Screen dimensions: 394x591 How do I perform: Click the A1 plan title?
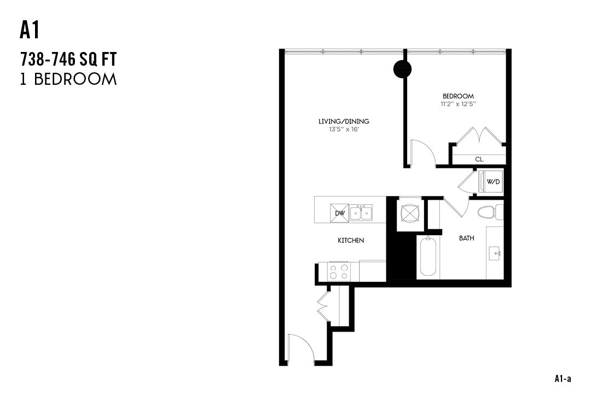tap(30, 31)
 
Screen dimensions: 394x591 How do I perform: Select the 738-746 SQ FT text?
tap(68, 57)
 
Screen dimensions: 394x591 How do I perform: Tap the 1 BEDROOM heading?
tap(68, 79)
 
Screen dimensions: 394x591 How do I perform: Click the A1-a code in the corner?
tap(563, 378)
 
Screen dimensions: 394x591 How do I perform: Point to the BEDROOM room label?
tap(458, 96)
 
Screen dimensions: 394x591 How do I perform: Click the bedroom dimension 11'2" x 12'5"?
tap(458, 103)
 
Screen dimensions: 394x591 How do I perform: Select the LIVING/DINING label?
tap(344, 121)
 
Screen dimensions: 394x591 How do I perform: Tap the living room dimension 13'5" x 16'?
tap(344, 129)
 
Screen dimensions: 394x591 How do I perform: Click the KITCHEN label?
tap(351, 240)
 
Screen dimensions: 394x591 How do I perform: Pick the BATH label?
tap(466, 238)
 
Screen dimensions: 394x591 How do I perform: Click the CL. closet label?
tap(479, 160)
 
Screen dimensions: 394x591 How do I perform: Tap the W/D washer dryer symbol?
tap(492, 182)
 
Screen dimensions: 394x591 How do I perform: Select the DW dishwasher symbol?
tap(339, 213)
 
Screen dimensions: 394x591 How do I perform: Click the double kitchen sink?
tap(361, 213)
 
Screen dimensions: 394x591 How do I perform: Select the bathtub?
tap(427, 257)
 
